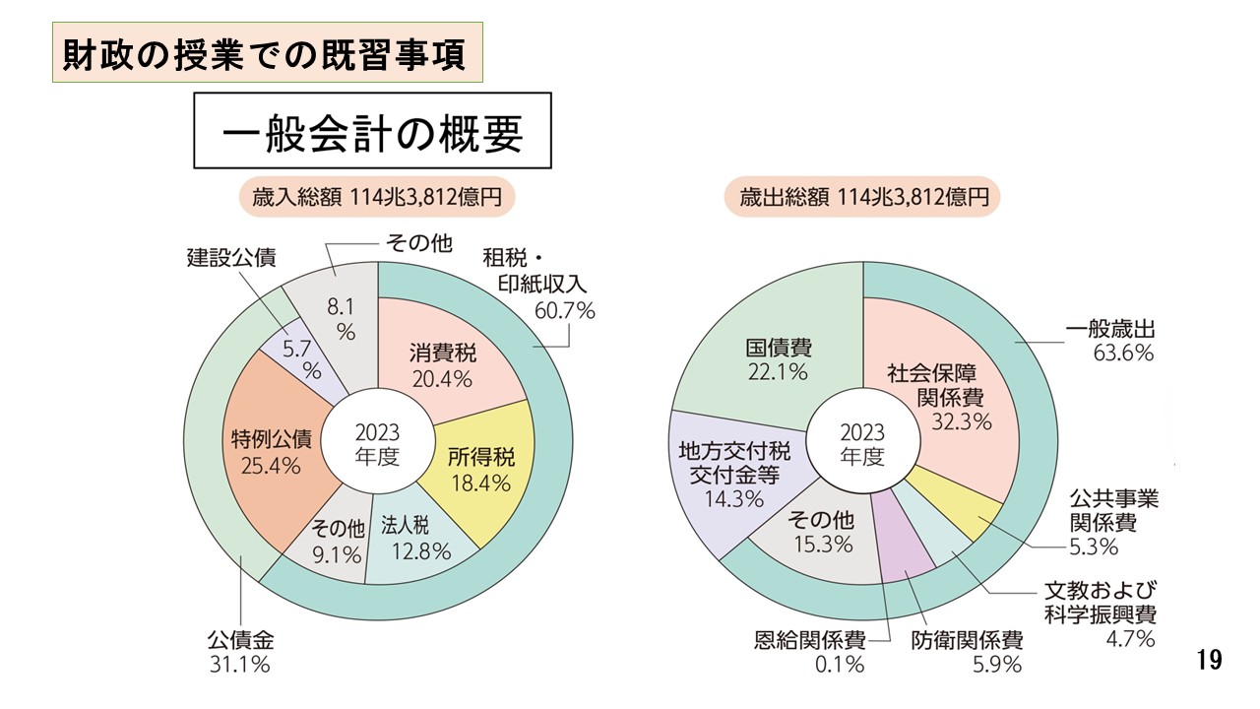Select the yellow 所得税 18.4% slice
tap(479, 470)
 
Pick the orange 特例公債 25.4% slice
tap(265, 450)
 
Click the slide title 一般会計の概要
tap(371, 132)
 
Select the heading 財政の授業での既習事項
tap(266, 53)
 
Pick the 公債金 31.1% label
tap(239, 650)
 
